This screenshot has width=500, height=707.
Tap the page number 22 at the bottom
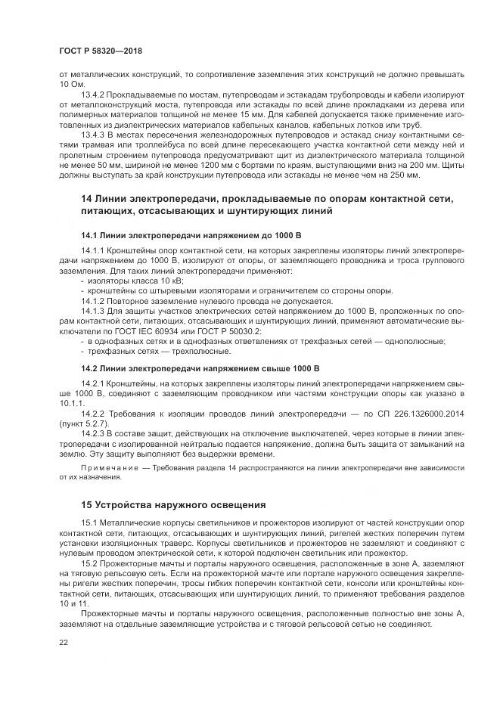63,643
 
